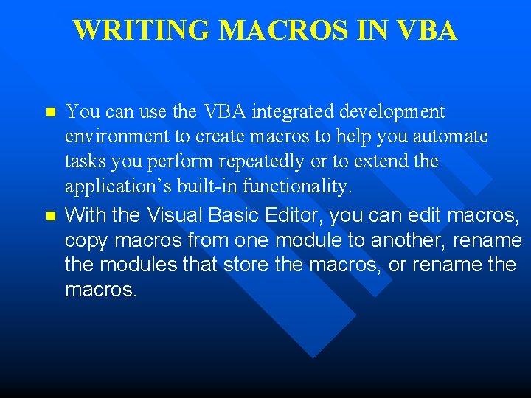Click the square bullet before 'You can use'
pyautogui.click(x=50, y=113)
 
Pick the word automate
pyautogui.click(x=451, y=137)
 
